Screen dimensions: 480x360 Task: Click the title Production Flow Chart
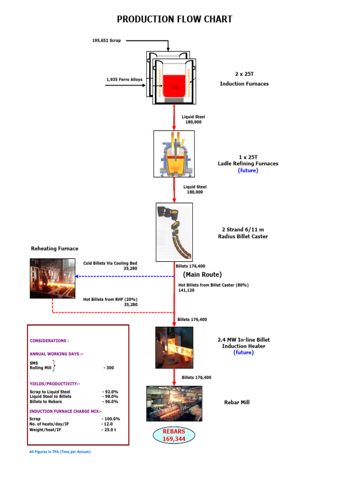pyautogui.click(x=174, y=19)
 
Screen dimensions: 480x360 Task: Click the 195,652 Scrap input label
pyautogui.click(x=106, y=41)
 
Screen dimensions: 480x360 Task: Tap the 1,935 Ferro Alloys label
pyautogui.click(x=124, y=79)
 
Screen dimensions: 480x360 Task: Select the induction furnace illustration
pyautogui.click(x=171, y=78)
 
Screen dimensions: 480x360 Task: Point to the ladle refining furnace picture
pyautogui.click(x=174, y=153)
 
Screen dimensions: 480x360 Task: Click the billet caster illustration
pyautogui.click(x=174, y=232)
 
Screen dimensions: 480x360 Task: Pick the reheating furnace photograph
pyautogui.click(x=52, y=278)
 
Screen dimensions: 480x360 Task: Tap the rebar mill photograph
pyautogui.click(x=174, y=403)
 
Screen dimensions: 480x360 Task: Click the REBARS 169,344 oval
pyautogui.click(x=174, y=435)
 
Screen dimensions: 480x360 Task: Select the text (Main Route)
pyautogui.click(x=202, y=275)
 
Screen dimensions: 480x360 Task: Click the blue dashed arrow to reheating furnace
pyautogui.click(x=124, y=276)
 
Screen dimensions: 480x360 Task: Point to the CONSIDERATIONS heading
pyautogui.click(x=49, y=341)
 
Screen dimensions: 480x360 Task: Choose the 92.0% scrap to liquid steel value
pyautogui.click(x=110, y=391)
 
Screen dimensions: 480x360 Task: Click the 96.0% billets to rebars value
pyautogui.click(x=110, y=402)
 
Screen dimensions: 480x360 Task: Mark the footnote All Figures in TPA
pyautogui.click(x=60, y=452)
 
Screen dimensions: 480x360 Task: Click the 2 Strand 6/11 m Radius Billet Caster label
pyautogui.click(x=243, y=233)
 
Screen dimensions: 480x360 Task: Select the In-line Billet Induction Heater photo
pyautogui.click(x=174, y=347)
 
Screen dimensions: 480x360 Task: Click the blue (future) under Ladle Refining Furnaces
pyautogui.click(x=247, y=171)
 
